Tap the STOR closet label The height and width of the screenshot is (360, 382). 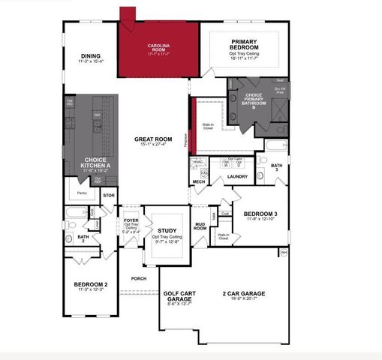pos(109,196)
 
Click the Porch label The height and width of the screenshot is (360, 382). pos(138,278)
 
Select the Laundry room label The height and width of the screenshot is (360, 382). pos(237,176)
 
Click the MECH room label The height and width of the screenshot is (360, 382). pos(199,181)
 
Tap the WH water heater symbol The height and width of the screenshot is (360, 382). pos(284,253)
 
